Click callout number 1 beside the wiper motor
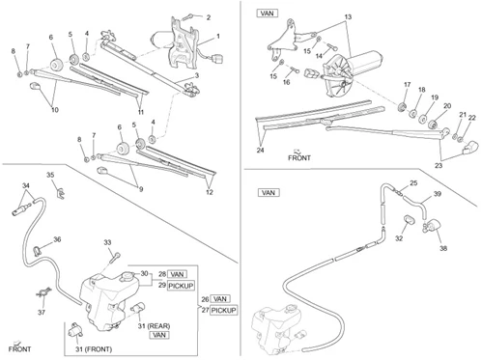click(x=218, y=36)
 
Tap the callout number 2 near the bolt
click(x=209, y=17)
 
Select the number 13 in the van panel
click(x=348, y=16)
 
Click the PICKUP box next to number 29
click(x=181, y=286)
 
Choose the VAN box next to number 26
click(x=220, y=299)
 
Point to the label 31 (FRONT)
click(x=94, y=349)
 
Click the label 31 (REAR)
click(x=154, y=326)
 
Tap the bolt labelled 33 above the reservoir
click(x=116, y=258)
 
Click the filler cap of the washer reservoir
click(x=127, y=277)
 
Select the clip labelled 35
click(x=61, y=193)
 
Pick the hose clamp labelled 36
click(x=37, y=250)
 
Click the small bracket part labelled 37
click(x=43, y=292)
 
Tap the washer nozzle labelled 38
click(x=432, y=225)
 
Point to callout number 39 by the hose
click(x=438, y=194)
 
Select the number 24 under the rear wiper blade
click(x=260, y=150)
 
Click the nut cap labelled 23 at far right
click(x=470, y=147)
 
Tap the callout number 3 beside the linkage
click(x=197, y=75)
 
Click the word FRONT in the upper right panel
click(x=299, y=158)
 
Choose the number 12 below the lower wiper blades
click(x=210, y=192)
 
